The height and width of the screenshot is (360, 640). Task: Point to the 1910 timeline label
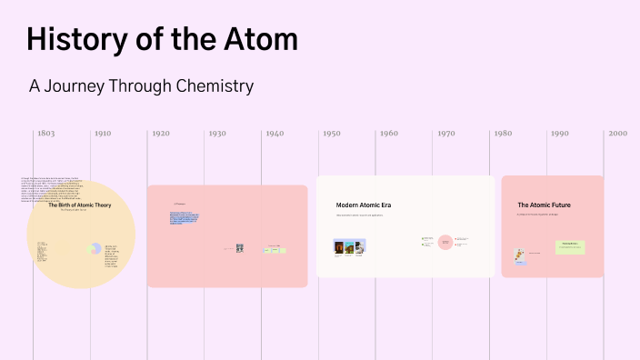[103, 134]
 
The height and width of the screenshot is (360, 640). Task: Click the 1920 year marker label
[160, 134]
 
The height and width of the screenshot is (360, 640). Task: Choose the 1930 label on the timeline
[216, 134]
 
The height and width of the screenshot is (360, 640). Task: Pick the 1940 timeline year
[274, 134]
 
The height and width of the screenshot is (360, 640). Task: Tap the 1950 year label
[331, 134]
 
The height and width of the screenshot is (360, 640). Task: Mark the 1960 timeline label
[388, 134]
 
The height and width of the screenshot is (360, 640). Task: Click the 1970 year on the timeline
[445, 134]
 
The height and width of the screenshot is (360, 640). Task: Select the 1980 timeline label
[503, 134]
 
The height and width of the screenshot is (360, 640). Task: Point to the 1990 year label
[559, 134]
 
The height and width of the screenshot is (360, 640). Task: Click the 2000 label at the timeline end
[618, 134]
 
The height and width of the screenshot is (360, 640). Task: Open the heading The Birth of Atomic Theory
[80, 205]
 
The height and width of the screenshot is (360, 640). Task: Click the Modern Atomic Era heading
[363, 205]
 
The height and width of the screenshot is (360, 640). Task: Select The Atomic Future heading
[544, 205]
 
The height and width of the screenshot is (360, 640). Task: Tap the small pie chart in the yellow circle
[95, 248]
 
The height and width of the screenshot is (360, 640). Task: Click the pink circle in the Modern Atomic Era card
[445, 242]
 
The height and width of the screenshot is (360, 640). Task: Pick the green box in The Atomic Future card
[570, 247]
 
